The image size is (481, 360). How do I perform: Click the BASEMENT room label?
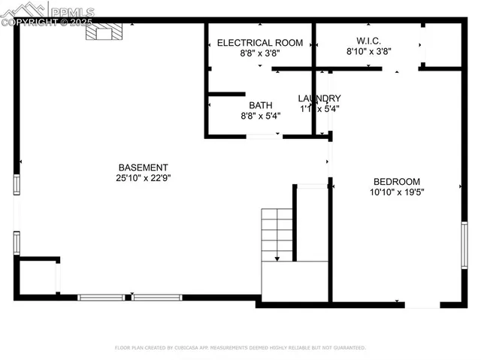(x=143, y=167)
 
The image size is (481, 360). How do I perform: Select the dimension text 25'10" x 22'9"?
(x=143, y=178)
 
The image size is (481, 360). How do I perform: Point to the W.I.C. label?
(x=368, y=41)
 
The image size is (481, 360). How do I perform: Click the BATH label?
(x=261, y=105)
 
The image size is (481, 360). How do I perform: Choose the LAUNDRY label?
(x=319, y=98)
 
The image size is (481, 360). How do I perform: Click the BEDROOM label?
(x=397, y=181)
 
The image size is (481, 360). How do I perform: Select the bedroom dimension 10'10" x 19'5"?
(x=397, y=192)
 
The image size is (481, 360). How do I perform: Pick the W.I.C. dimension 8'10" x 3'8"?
(x=368, y=52)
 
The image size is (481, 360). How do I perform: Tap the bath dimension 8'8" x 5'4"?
(x=261, y=116)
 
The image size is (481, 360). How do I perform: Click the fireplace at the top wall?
(x=103, y=32)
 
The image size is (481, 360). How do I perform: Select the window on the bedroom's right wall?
(x=464, y=245)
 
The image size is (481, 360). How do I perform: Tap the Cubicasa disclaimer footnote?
(x=240, y=348)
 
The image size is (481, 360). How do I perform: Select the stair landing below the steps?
(x=295, y=281)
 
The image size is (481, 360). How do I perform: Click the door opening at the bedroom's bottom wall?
(x=422, y=304)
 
